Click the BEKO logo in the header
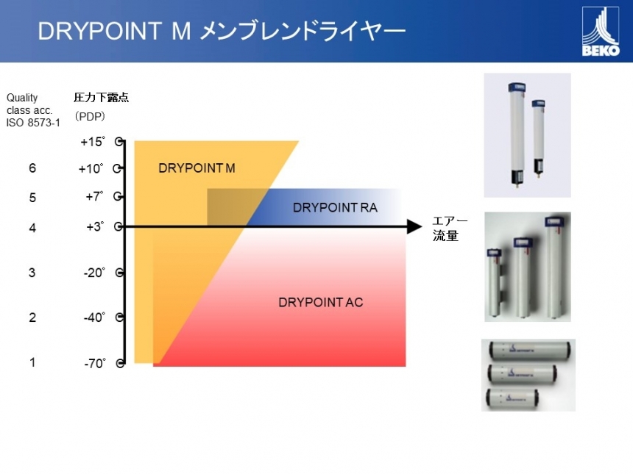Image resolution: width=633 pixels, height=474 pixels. tap(601, 32)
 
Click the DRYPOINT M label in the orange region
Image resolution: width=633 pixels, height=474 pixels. tap(197, 168)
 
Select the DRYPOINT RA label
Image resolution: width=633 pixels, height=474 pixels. tap(335, 207)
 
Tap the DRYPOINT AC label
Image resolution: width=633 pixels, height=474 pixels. tap(320, 302)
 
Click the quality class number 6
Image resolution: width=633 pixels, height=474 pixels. tap(32, 168)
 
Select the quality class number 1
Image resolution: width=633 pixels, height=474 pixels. tap(32, 362)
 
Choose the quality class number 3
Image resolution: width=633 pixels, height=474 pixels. tap(32, 273)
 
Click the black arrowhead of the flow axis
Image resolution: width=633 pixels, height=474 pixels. tap(414, 226)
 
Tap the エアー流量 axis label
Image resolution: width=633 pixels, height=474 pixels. tap(450, 229)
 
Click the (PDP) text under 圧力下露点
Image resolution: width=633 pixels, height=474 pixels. tap(90, 117)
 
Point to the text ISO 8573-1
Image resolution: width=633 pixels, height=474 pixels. tap(33, 123)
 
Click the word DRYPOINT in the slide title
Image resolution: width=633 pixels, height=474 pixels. tap(99, 31)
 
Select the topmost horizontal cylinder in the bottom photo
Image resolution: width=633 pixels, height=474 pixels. tap(529, 350)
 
